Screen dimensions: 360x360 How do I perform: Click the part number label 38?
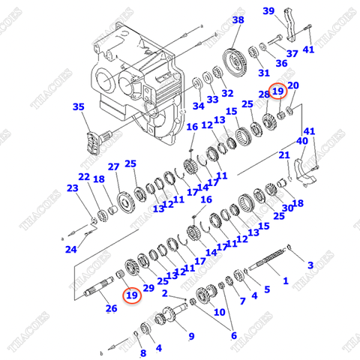click(x=238, y=19)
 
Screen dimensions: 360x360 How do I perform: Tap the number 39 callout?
click(x=289, y=10)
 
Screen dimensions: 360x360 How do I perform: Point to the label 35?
click(x=78, y=107)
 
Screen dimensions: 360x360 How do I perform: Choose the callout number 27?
click(x=113, y=166)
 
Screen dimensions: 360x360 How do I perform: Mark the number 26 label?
click(x=112, y=307)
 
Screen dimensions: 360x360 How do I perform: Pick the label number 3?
click(x=310, y=265)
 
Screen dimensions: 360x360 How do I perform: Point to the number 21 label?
click(x=284, y=155)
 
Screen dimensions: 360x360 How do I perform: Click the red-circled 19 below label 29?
click(x=132, y=295)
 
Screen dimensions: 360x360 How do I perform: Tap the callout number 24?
click(x=70, y=249)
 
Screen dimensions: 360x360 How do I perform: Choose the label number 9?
click(x=190, y=335)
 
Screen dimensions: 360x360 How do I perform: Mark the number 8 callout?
click(x=142, y=352)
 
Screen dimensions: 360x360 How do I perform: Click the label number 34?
click(x=197, y=105)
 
